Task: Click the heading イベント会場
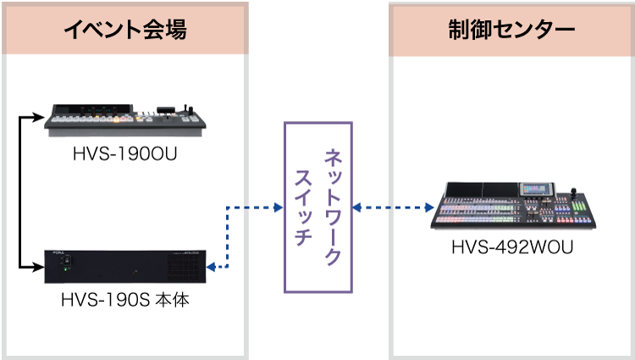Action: pos(124,30)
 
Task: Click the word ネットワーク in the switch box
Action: pos(334,208)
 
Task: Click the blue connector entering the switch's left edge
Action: pos(276,207)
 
